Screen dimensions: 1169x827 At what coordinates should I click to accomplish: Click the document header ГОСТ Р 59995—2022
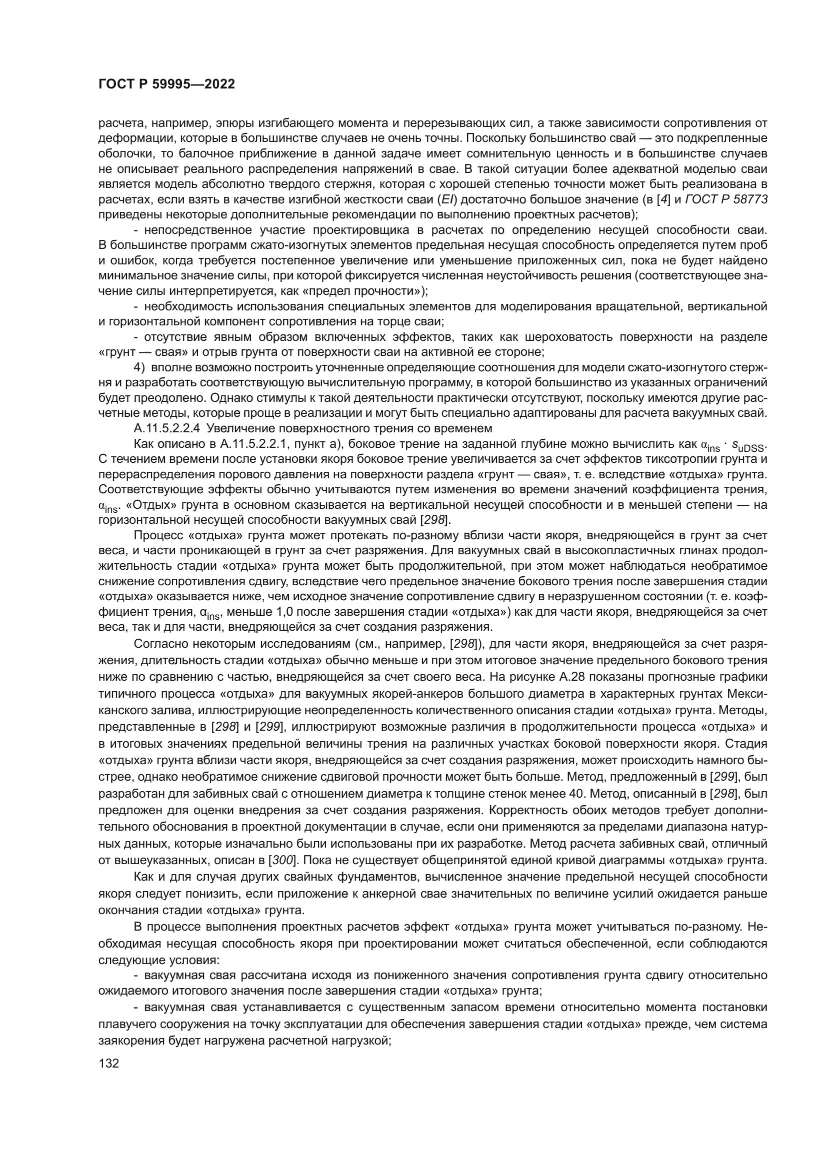click(x=166, y=84)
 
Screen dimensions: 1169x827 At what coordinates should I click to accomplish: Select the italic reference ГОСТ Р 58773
click(x=726, y=199)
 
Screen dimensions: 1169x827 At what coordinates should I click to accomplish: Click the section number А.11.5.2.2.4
click(x=167, y=428)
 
